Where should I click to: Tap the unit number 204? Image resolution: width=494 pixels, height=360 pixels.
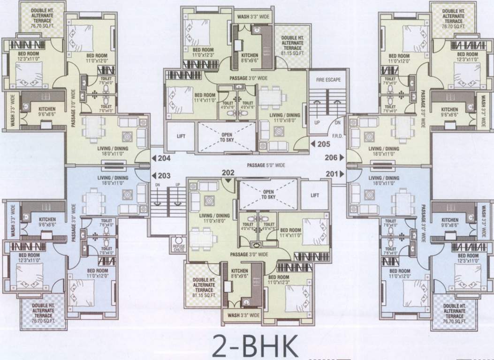click(x=164, y=158)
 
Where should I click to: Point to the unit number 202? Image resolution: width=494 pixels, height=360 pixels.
click(x=228, y=172)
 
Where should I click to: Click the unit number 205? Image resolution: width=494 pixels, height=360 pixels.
click(x=324, y=144)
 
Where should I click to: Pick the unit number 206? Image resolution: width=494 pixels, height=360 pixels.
click(x=332, y=158)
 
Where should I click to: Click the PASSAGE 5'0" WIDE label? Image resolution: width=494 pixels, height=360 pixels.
click(x=266, y=165)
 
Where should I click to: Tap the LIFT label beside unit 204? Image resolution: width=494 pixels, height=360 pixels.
click(x=181, y=136)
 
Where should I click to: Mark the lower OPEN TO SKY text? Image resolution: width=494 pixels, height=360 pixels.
click(x=268, y=194)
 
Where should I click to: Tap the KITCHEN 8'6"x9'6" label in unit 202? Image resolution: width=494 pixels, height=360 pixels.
click(x=239, y=274)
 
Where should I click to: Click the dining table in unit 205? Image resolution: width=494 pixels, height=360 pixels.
click(x=269, y=99)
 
